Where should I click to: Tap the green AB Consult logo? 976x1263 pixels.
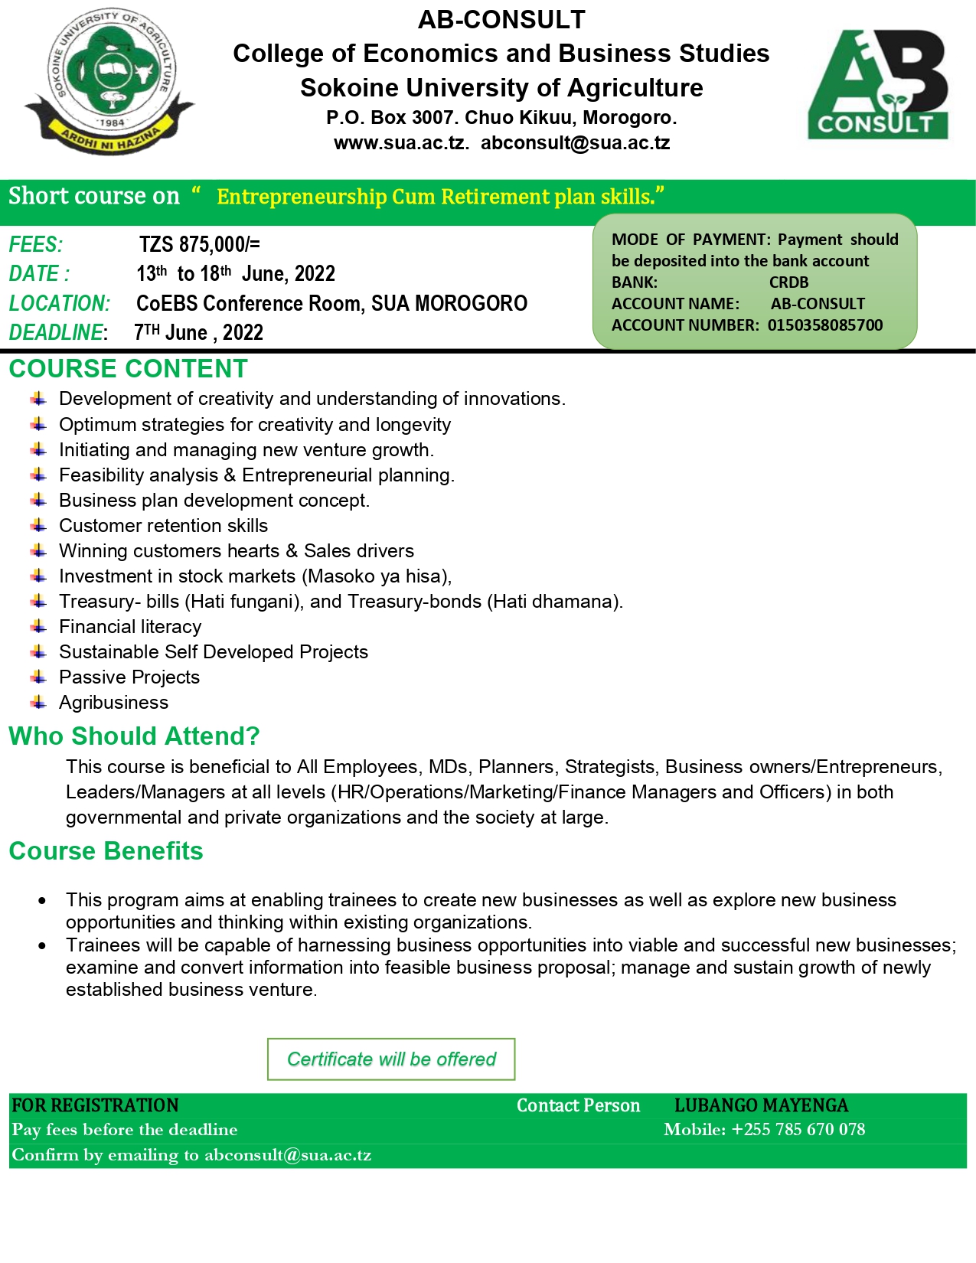point(878,85)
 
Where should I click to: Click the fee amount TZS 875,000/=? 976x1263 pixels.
point(199,244)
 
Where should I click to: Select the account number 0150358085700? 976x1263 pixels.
point(825,325)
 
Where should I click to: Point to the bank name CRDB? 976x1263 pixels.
point(788,282)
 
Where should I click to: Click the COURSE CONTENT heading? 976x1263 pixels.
point(128,369)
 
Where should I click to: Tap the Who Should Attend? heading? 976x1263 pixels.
point(134,736)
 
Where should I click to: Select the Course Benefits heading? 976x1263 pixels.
point(106,851)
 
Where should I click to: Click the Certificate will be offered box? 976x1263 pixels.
point(391,1059)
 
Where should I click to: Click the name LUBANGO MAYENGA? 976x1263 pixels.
point(761,1105)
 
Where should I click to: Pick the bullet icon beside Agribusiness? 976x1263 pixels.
point(39,702)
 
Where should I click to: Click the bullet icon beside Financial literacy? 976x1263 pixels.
point(39,626)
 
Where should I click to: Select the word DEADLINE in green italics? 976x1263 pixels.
point(56,333)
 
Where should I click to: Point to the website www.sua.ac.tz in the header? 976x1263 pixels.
point(400,143)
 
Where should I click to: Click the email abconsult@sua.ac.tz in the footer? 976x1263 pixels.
point(288,1155)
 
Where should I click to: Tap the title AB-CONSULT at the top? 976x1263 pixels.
point(501,20)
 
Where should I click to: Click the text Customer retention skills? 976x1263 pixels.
point(163,526)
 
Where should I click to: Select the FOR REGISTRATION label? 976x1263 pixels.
point(95,1105)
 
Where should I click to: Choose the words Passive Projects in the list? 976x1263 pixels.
point(129,677)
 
